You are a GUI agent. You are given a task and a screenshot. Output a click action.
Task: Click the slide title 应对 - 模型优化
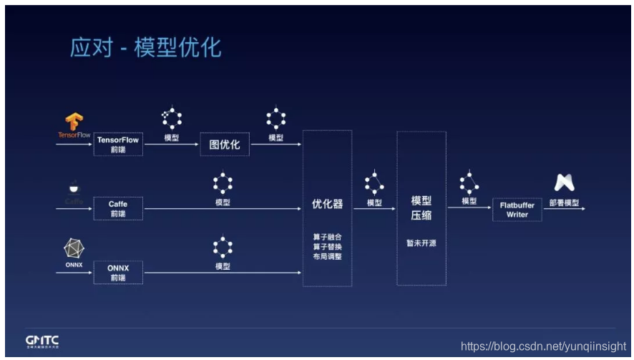pyautogui.click(x=145, y=47)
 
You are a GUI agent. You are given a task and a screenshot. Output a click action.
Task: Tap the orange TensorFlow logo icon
pyautogui.click(x=74, y=121)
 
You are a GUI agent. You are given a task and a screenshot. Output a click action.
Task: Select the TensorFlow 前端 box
pyautogui.click(x=118, y=144)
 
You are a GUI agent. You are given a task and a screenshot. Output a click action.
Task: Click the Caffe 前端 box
pyautogui.click(x=118, y=208)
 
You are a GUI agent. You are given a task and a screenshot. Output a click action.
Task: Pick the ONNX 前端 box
pyautogui.click(x=118, y=272)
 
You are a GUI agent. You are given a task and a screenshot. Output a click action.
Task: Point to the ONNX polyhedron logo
pyautogui.click(x=74, y=248)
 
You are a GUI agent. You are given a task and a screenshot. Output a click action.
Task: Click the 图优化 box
pyautogui.click(x=224, y=145)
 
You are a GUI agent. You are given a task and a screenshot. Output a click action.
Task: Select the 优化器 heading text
pyautogui.click(x=327, y=203)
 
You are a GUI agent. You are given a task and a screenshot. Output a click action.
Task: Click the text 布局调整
pyautogui.click(x=327, y=256)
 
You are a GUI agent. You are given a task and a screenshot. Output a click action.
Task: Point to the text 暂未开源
pyautogui.click(x=421, y=243)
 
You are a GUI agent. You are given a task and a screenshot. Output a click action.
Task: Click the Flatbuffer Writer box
pyautogui.click(x=517, y=209)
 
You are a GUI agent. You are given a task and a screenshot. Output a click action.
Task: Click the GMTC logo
pyautogui.click(x=42, y=341)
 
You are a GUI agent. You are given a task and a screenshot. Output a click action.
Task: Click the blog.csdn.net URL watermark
pyautogui.click(x=544, y=345)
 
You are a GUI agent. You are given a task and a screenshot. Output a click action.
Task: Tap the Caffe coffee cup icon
pyautogui.click(x=74, y=188)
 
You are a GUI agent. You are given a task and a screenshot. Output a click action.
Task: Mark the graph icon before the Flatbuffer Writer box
pyautogui.click(x=469, y=182)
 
